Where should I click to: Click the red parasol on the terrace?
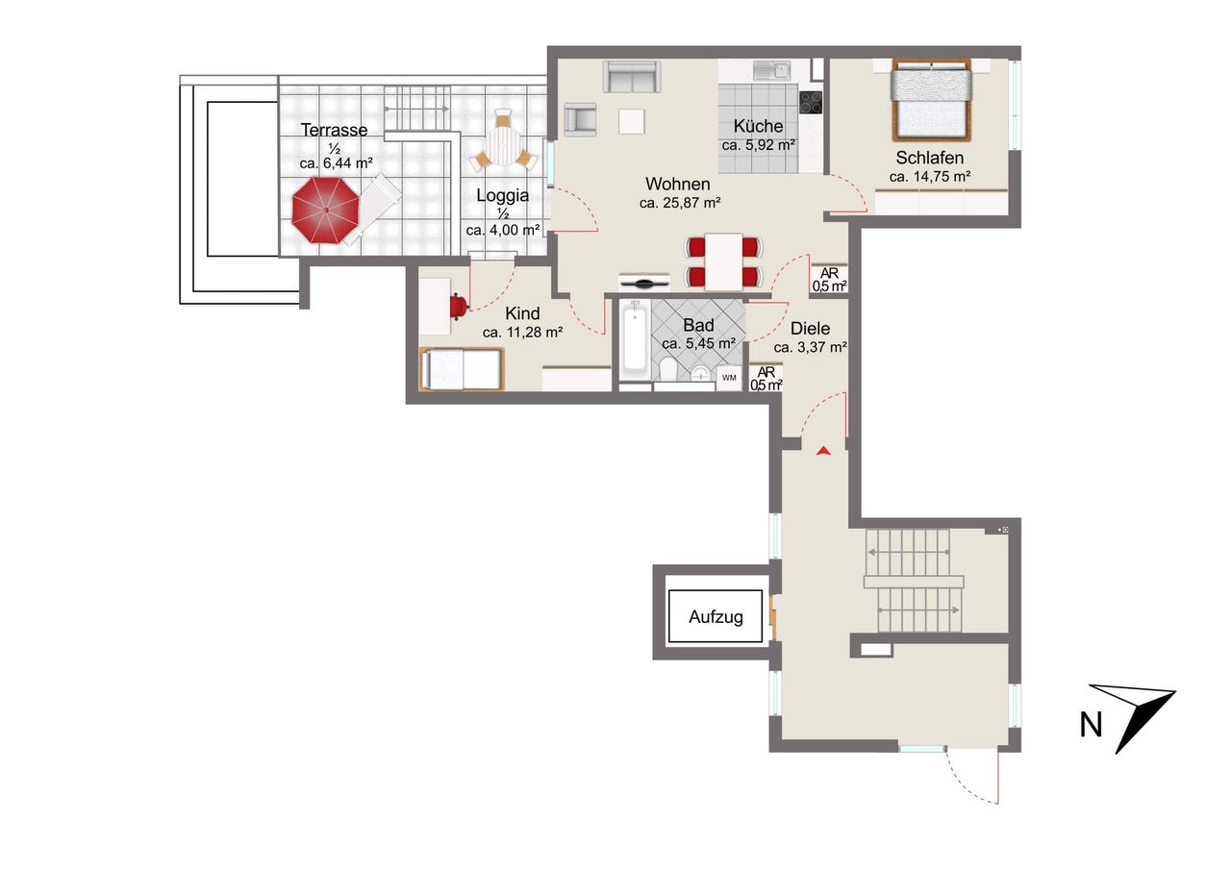325,210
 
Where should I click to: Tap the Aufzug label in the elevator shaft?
716,617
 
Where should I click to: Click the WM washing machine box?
729,378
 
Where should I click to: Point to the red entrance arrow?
822,451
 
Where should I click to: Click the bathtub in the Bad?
635,340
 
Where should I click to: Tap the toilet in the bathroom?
668,367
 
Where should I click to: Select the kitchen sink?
772,70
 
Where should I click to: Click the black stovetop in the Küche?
811,102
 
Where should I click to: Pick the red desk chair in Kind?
459,307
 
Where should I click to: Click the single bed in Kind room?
461,368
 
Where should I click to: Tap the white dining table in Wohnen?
723,261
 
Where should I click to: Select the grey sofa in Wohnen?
632,76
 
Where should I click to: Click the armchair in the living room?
580,119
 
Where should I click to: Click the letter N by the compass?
1091,725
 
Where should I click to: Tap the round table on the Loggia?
502,146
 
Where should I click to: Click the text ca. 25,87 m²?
680,203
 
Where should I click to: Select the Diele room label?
810,329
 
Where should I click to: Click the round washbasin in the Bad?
701,374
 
